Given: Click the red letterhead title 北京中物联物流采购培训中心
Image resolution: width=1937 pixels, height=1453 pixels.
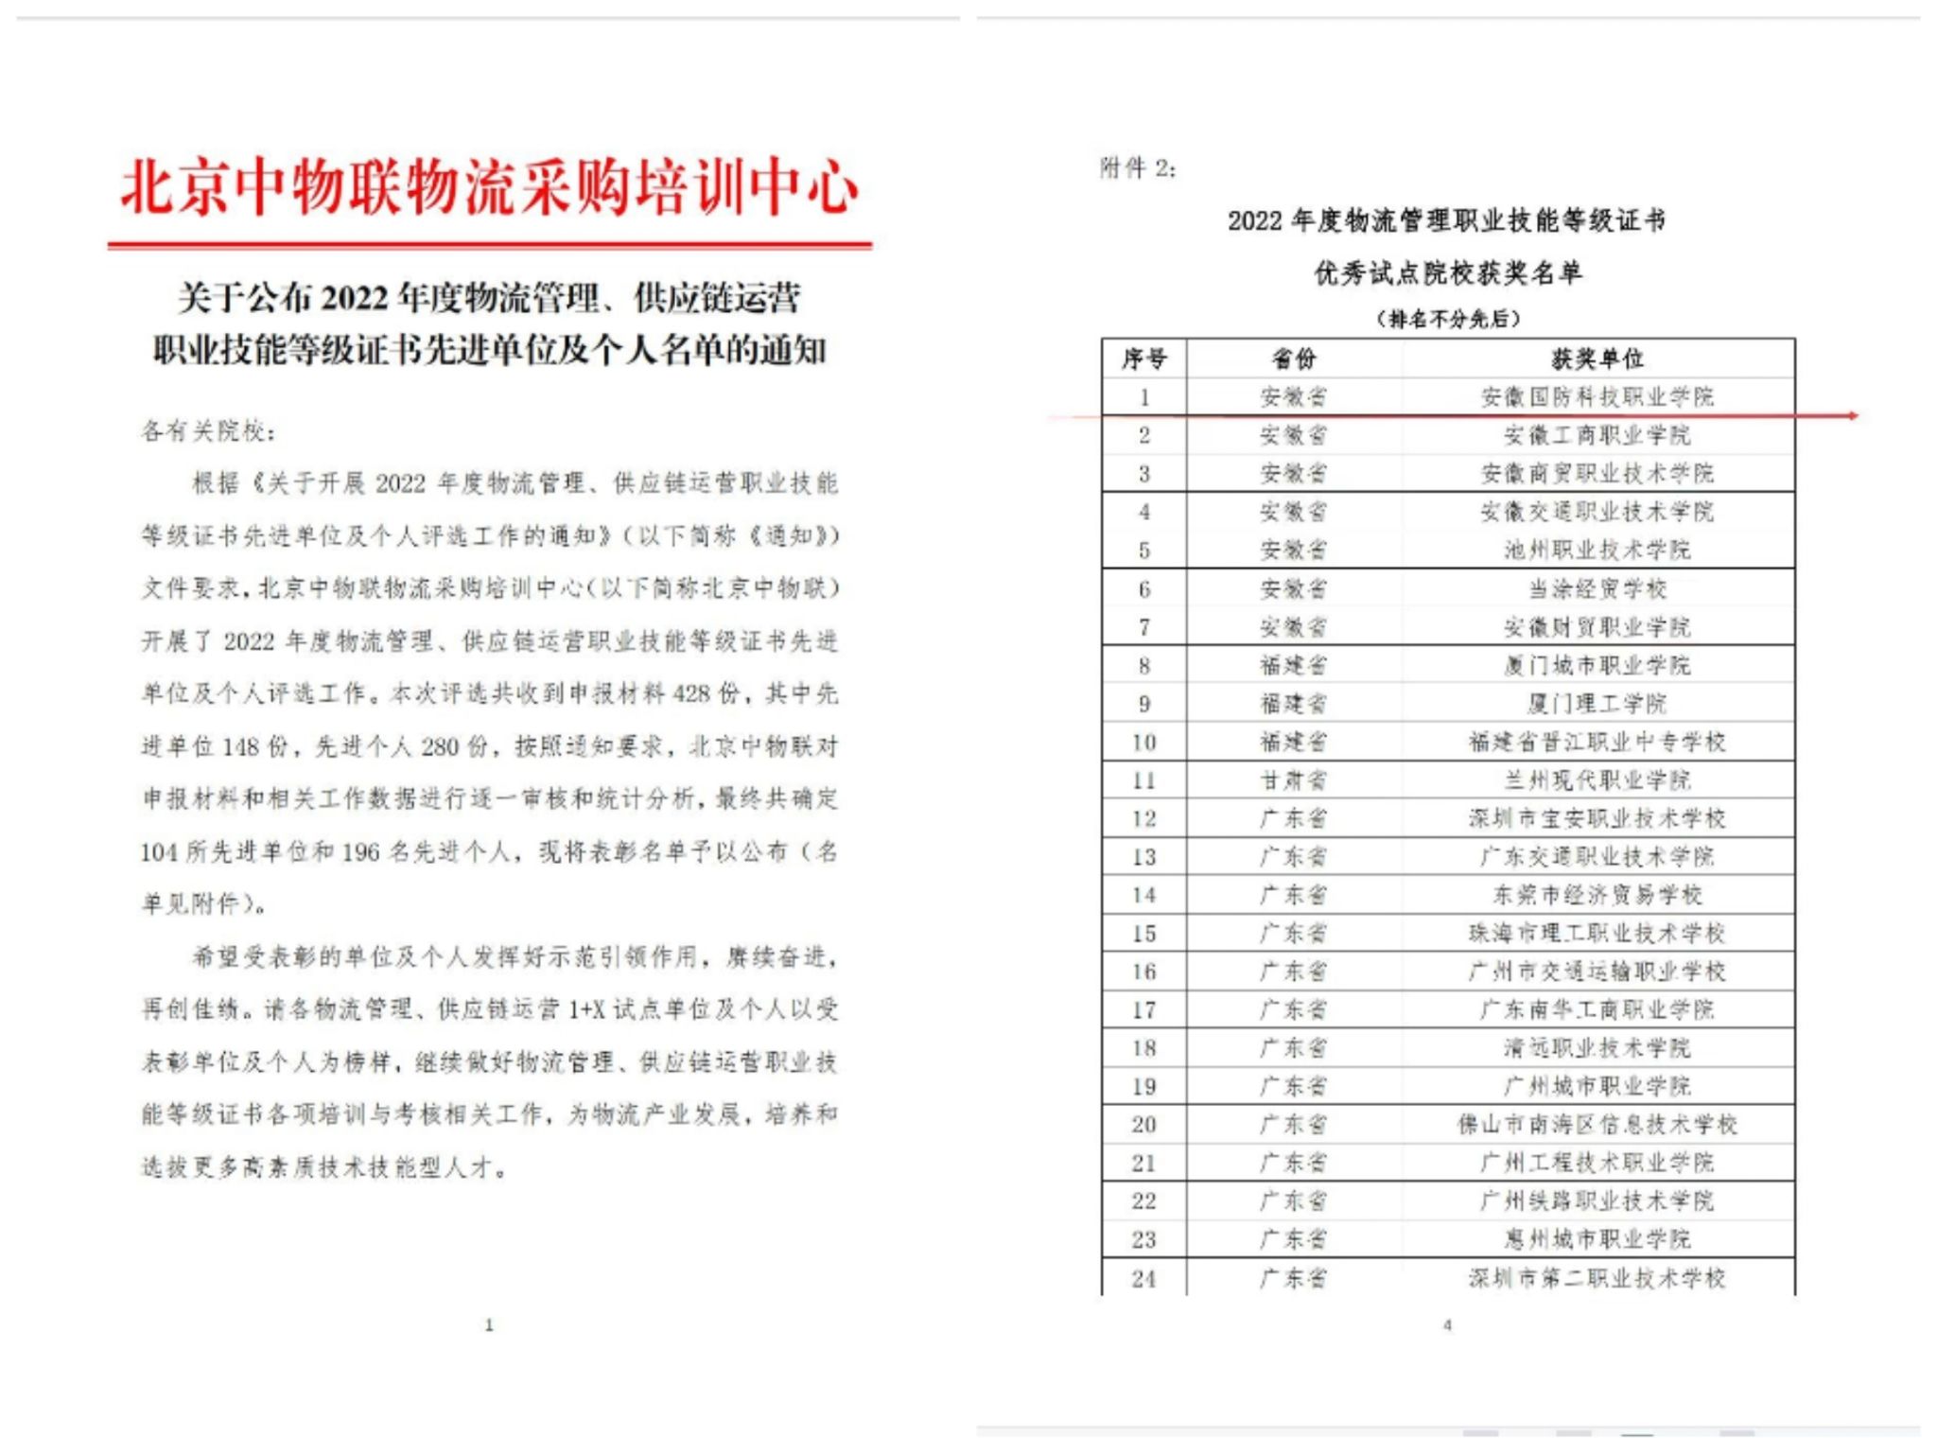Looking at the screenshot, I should click(x=489, y=186).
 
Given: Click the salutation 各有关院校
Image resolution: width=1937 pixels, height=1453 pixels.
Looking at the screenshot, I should click(x=208, y=431).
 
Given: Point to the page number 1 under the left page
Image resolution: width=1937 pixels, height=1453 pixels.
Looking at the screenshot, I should click(x=489, y=1325).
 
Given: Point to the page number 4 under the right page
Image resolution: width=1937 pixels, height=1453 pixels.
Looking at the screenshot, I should click(x=1447, y=1325).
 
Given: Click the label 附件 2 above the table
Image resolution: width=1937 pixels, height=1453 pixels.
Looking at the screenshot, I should click(x=1137, y=168).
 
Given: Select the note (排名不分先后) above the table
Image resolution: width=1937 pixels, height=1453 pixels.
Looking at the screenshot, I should click(x=1447, y=319).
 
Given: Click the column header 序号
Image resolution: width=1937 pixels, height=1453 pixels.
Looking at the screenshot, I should click(x=1144, y=359).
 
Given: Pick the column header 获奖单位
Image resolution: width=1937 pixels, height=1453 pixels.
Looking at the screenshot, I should click(x=1597, y=359).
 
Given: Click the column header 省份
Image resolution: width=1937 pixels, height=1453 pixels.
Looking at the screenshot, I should click(x=1293, y=359).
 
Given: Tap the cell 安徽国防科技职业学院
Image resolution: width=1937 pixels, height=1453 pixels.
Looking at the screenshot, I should click(x=1597, y=396).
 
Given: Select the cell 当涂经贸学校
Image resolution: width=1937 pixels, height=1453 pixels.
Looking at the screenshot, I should click(x=1597, y=588).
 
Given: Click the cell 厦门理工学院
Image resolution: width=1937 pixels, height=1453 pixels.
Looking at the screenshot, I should click(x=1597, y=704).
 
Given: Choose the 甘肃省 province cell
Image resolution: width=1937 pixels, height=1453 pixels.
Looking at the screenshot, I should click(x=1293, y=780).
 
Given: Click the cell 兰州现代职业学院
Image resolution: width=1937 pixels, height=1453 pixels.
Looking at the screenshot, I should click(x=1597, y=780).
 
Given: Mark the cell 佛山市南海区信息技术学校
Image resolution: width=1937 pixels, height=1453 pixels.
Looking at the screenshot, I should click(x=1597, y=1125).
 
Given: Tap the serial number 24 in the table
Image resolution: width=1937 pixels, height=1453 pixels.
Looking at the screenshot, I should click(x=1144, y=1279).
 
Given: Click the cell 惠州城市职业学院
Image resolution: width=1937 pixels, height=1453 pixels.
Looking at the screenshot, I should click(x=1597, y=1239).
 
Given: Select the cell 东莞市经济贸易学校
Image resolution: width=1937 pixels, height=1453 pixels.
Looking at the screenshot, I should click(x=1597, y=895).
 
